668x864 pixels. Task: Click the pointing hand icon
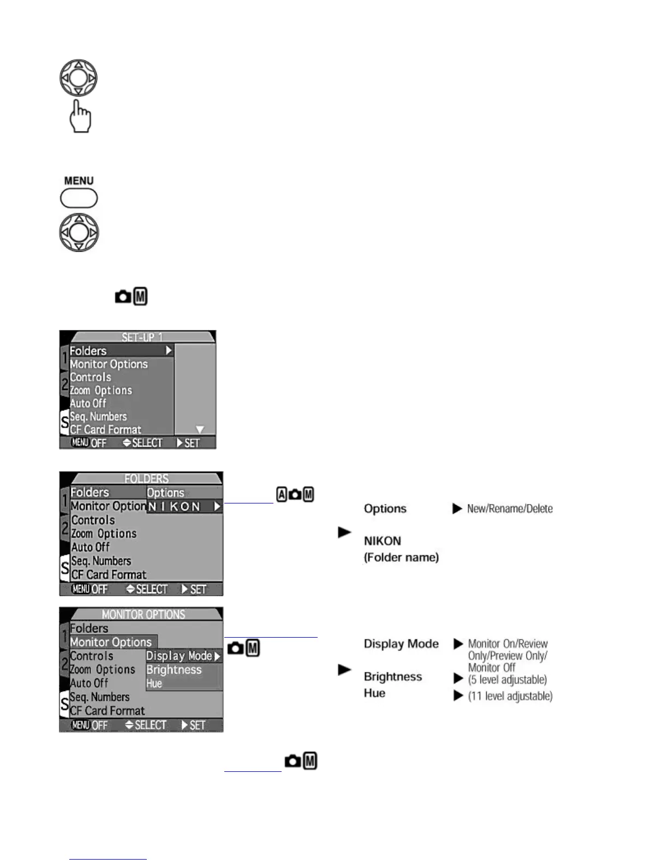[x=80, y=116]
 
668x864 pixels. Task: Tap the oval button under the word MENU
[x=79, y=198]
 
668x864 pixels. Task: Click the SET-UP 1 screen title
[x=142, y=337]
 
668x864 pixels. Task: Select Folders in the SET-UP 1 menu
[x=88, y=351]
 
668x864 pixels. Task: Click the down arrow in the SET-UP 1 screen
[x=200, y=430]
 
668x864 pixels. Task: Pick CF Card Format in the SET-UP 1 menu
[x=105, y=430]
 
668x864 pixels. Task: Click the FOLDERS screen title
[x=146, y=478]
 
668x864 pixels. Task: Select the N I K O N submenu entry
[x=184, y=506]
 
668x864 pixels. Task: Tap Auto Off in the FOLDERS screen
[x=91, y=547]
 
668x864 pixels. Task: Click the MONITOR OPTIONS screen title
[x=144, y=614]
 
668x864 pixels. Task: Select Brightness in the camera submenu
[x=174, y=670]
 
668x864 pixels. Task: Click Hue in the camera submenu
[x=154, y=683]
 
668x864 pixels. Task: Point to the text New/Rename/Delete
[x=510, y=508]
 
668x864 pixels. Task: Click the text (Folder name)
[x=401, y=557]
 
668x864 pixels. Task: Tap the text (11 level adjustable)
[x=510, y=696]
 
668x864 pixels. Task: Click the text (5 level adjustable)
[x=508, y=680]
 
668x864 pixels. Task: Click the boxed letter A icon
[x=282, y=495]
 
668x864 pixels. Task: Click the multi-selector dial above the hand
[x=79, y=78]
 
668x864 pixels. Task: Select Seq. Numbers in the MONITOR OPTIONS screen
[x=100, y=697]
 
